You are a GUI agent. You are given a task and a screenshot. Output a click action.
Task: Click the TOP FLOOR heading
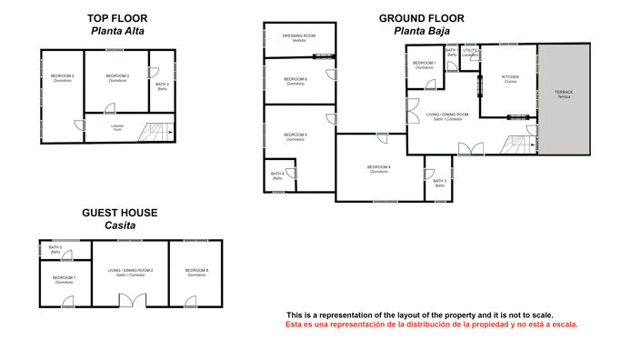click(118, 17)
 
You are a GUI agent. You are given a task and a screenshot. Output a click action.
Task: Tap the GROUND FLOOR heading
click(422, 17)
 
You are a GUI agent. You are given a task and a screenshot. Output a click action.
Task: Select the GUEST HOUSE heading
click(119, 213)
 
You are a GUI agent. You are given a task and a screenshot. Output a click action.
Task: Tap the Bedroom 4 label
click(379, 168)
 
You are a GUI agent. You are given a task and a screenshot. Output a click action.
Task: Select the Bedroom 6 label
click(295, 81)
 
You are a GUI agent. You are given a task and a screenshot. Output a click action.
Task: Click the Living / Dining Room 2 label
click(131, 272)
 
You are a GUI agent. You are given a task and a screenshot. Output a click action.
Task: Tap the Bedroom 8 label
click(196, 272)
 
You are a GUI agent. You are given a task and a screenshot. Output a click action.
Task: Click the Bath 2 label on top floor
click(162, 86)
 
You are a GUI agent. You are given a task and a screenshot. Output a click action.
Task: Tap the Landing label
click(117, 127)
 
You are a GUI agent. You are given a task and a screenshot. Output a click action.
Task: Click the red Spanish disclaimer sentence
click(432, 324)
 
